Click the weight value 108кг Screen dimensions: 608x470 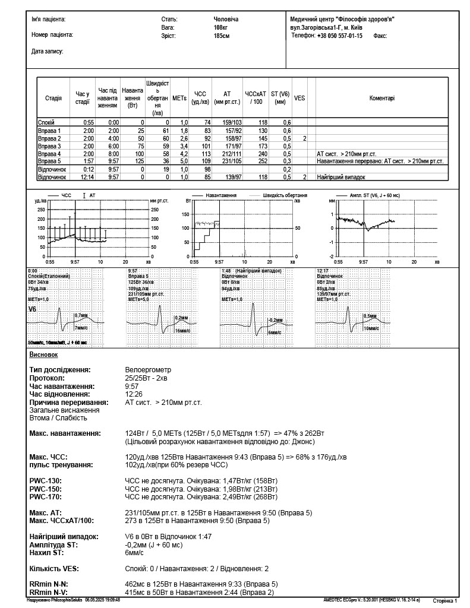pos(221,28)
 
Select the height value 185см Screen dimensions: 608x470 pos(221,36)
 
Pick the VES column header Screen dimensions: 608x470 pos(299,98)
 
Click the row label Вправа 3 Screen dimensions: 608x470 pos(49,145)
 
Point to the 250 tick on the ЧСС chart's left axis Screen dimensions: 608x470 pos(41,210)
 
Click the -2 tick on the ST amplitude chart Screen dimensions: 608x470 pos(332,256)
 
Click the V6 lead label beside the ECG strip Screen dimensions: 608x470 pos(32,309)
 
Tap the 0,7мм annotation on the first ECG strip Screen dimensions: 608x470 pos(81,315)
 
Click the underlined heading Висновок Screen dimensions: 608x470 pos(43,354)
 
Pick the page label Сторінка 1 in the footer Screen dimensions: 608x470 pos(444,601)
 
